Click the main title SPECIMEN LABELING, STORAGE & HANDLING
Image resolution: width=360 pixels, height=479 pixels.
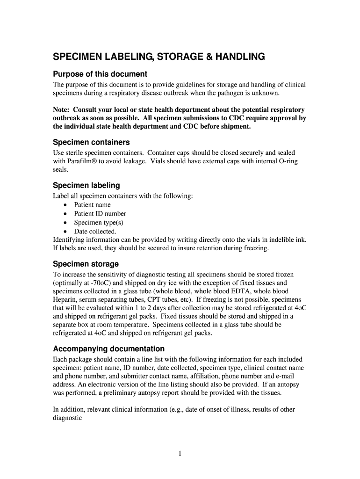click(159, 57)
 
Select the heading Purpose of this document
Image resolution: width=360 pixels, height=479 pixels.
click(100, 74)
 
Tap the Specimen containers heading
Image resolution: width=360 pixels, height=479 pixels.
click(91, 142)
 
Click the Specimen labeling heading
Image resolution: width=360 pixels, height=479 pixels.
click(86, 185)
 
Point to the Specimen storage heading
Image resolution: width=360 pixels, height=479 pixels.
click(86, 264)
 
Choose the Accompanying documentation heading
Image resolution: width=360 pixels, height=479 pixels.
click(109, 348)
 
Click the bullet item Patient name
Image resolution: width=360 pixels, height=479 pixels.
click(93, 205)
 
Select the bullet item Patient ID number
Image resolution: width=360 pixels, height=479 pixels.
click(100, 214)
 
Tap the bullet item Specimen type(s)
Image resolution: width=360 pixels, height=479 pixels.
click(99, 223)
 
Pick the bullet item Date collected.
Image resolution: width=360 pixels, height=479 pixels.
click(95, 231)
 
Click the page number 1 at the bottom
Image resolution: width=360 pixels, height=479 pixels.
click(180, 453)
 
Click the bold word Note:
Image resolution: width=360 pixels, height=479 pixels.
click(62, 109)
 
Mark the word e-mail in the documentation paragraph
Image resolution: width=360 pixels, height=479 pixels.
click(282, 376)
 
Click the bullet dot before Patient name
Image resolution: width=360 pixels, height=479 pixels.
click(65, 205)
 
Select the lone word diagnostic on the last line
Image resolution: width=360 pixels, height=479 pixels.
click(68, 418)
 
